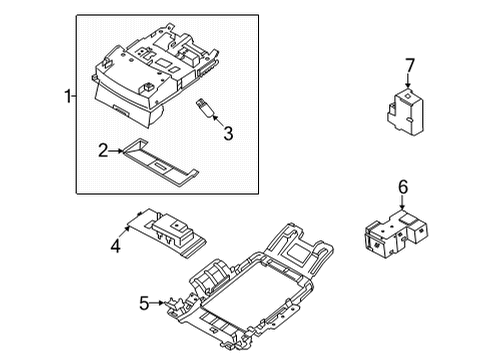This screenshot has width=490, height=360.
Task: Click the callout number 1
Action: tap(66, 97)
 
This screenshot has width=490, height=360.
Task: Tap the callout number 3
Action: tap(229, 132)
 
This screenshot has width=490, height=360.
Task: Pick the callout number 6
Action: tap(404, 187)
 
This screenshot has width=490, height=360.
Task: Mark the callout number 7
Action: tap(408, 66)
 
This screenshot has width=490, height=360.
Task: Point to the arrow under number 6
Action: tap(404, 205)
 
